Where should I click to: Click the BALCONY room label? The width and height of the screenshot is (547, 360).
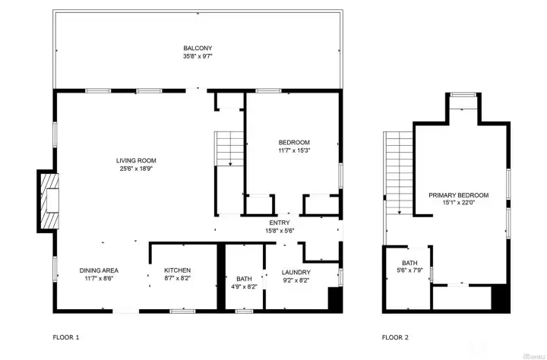[197, 47]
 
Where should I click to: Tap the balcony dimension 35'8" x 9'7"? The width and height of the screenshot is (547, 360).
[197, 56]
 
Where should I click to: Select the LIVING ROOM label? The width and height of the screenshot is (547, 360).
[136, 160]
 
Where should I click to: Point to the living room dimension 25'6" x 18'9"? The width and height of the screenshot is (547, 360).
[136, 169]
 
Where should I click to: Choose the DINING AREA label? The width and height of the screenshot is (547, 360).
[99, 270]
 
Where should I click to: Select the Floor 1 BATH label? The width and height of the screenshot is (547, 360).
[244, 279]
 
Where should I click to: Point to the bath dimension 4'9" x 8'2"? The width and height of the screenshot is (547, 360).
[244, 288]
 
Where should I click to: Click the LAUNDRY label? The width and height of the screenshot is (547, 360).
[296, 272]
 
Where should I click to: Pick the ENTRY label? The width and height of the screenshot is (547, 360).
[279, 223]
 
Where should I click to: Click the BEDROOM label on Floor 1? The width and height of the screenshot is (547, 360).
[294, 142]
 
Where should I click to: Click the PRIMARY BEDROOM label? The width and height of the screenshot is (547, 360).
[458, 194]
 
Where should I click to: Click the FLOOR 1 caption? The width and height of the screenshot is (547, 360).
[66, 336]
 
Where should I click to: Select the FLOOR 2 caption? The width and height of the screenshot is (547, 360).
[396, 336]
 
